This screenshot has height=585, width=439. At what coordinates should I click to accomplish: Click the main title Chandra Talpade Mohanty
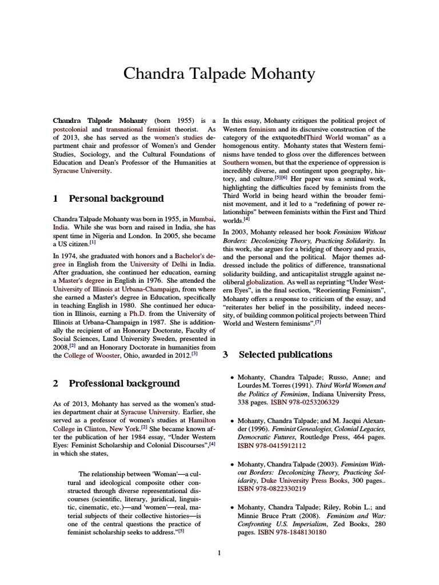[x=219, y=74]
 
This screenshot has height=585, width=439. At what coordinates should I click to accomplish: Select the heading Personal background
[x=116, y=199]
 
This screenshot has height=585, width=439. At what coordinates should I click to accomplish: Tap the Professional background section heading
[x=124, y=383]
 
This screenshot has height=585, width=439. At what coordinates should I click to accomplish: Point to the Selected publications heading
[x=285, y=355]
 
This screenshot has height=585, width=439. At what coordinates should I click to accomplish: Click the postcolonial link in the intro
[x=70, y=130]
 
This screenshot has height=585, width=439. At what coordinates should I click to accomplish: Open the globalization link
[x=265, y=282]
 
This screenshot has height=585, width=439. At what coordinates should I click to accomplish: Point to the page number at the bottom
[x=219, y=552]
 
